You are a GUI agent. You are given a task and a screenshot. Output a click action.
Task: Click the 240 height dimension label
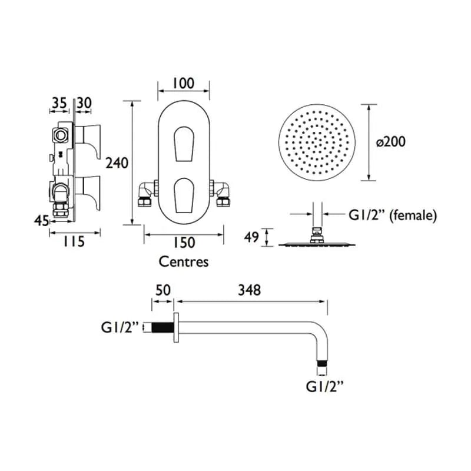(117, 163)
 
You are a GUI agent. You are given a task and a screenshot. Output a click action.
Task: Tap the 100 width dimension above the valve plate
(184, 83)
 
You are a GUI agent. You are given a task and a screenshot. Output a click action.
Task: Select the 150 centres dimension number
(184, 243)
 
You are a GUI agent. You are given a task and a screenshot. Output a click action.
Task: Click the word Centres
(184, 261)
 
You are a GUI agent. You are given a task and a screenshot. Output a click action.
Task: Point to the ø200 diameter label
(391, 141)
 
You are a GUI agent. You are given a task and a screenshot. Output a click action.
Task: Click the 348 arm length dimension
(249, 290)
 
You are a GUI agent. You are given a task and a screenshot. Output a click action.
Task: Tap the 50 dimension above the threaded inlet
(163, 290)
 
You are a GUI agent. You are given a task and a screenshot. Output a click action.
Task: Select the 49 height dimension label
(251, 237)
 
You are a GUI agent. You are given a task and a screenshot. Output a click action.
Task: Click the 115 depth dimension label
(74, 241)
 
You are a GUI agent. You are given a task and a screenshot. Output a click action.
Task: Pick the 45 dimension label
(41, 221)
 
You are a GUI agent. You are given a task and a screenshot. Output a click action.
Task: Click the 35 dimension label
(59, 103)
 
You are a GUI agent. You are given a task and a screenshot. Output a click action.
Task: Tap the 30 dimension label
(84, 103)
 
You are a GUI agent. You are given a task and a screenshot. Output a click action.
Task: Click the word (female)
(413, 215)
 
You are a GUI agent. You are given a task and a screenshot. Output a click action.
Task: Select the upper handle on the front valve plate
(184, 144)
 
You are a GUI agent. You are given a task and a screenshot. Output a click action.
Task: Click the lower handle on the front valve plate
(184, 195)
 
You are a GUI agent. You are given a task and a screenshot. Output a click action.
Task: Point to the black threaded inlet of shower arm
(162, 327)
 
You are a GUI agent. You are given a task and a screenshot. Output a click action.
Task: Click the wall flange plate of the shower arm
(176, 327)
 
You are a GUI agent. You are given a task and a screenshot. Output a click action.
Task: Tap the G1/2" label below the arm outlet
(325, 386)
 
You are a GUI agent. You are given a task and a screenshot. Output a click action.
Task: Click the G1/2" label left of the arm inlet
(120, 327)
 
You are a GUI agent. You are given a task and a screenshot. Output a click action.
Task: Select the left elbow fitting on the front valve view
(146, 194)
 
